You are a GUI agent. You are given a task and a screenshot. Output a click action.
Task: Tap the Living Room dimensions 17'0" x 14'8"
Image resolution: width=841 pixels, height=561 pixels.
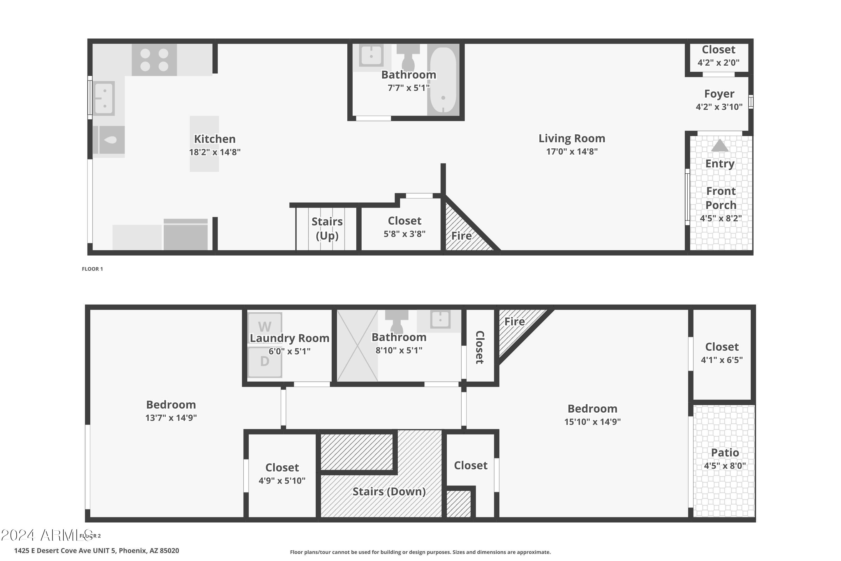click(x=572, y=151)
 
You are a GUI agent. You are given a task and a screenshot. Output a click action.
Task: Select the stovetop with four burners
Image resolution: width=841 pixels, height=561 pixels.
click(x=154, y=60)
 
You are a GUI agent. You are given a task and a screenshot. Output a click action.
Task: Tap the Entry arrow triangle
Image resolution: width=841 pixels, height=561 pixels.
click(x=720, y=145)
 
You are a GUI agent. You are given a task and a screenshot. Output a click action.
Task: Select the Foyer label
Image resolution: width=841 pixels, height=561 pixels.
click(x=719, y=94)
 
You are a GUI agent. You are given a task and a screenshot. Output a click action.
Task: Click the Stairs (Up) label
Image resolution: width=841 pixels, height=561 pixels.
click(x=327, y=228)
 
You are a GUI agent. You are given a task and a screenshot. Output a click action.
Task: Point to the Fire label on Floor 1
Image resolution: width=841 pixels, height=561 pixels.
click(x=461, y=236)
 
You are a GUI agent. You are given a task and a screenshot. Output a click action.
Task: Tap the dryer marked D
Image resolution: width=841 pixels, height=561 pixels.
click(x=265, y=362)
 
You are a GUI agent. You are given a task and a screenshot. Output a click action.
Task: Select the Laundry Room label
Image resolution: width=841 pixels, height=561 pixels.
click(x=289, y=338)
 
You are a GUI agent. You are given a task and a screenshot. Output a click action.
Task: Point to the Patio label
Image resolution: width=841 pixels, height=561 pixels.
click(x=725, y=453)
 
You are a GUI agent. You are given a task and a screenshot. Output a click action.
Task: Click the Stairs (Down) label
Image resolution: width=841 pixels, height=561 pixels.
click(x=389, y=492)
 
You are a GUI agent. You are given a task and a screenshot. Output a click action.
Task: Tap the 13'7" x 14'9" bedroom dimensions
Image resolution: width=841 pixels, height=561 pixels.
click(x=171, y=418)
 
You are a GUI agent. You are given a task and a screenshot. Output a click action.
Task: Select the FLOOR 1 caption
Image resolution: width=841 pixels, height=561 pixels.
click(x=92, y=269)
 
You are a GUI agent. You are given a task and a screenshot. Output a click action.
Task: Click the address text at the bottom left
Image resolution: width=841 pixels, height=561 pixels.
click(x=96, y=551)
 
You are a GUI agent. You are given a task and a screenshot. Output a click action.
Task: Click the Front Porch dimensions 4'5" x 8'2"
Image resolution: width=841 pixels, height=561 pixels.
click(x=721, y=218)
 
